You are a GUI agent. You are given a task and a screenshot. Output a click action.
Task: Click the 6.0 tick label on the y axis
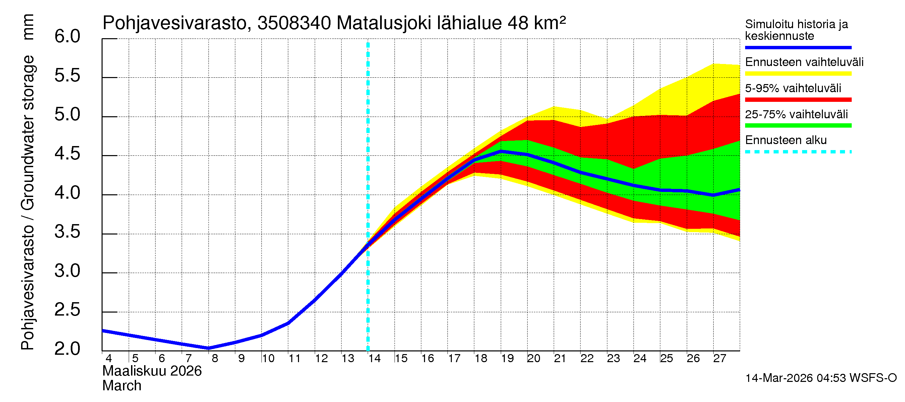(67, 37)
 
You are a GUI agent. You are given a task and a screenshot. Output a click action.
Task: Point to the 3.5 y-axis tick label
(67, 232)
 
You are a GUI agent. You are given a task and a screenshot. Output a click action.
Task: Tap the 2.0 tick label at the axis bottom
(67, 349)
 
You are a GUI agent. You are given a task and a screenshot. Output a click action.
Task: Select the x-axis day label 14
(374, 358)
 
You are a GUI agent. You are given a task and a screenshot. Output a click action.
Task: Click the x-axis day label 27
(720, 358)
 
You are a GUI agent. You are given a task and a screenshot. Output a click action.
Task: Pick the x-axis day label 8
(215, 358)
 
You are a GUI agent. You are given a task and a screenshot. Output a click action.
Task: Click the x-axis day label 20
(534, 358)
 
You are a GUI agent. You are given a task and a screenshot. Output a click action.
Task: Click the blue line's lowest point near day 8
(209, 348)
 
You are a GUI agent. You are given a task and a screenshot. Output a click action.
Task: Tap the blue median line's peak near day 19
(501, 151)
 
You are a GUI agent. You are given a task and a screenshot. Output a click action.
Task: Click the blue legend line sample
(798, 47)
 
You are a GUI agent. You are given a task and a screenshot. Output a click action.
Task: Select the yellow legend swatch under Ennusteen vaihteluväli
(798, 74)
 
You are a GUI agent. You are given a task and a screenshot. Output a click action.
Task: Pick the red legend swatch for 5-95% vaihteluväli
(798, 100)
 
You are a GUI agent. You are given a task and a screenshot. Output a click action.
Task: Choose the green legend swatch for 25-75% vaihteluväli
(798, 126)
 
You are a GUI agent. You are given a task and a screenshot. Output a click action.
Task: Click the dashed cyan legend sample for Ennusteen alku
(798, 152)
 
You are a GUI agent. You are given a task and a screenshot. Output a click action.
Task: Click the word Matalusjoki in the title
(384, 23)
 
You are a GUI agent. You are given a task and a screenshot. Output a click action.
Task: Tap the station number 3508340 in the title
(294, 23)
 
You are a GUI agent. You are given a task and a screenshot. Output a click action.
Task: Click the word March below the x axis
(122, 386)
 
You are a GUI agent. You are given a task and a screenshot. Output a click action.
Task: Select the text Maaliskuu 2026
(152, 371)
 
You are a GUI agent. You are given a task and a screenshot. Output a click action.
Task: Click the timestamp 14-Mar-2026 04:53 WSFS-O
(821, 378)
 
